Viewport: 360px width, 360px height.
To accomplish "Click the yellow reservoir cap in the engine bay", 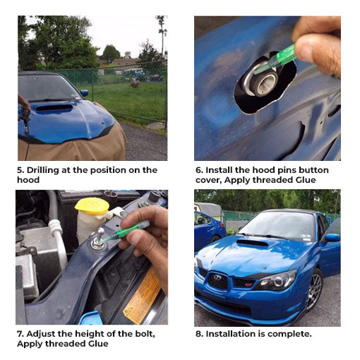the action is pyautogui.click(x=92, y=206).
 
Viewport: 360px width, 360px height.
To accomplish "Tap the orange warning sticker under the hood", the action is pyautogui.click(x=142, y=297).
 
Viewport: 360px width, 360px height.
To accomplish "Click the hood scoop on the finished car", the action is pyautogui.click(x=252, y=243).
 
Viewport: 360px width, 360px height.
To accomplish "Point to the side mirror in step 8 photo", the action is pyautogui.click(x=332, y=237).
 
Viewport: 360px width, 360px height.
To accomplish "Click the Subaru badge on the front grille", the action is pyautogui.click(x=217, y=278).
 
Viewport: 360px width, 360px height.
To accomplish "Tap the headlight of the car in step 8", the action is pyautogui.click(x=277, y=281).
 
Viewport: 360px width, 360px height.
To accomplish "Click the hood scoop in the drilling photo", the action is pyautogui.click(x=54, y=108).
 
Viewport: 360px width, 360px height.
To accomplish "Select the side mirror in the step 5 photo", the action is pyautogui.click(x=84, y=93).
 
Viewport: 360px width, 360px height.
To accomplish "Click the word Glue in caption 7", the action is pyautogui.click(x=98, y=344).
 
